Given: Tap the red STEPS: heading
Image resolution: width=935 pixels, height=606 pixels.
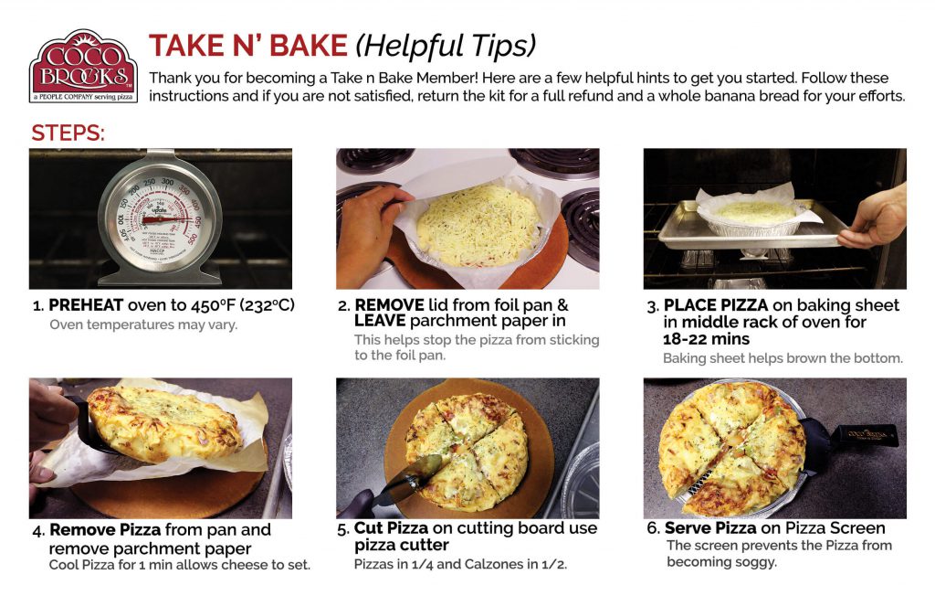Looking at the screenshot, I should click(68, 133).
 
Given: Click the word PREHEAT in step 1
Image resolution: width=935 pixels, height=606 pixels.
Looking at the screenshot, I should click(85, 305).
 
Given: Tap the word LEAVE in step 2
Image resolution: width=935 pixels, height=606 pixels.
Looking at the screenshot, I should click(380, 321).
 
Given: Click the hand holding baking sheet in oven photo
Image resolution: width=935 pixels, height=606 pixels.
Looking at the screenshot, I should click(875, 219).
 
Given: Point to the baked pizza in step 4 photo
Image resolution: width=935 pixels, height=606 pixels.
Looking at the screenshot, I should click(164, 422).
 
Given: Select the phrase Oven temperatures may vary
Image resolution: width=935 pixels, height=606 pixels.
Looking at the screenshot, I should click(143, 324).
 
